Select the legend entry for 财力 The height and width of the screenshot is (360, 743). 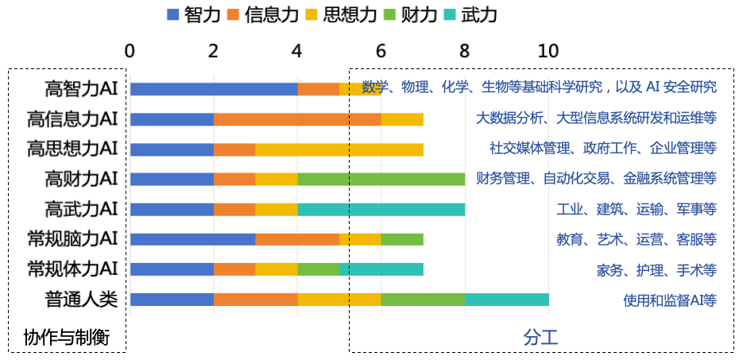[408, 15]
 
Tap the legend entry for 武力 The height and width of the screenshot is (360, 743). [470, 15]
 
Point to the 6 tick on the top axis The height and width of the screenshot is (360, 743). [381, 50]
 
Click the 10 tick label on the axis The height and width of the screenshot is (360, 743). [548, 50]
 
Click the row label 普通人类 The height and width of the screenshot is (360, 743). [82, 300]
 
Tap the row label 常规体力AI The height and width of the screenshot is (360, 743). [72, 269]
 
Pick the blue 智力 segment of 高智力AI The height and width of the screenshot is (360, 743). [214, 88]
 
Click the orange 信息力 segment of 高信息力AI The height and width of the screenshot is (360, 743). [297, 119]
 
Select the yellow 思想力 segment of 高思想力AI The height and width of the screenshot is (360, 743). [339, 149]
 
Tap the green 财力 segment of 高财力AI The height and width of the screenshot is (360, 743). [381, 179]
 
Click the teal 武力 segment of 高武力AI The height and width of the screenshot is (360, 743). [381, 209]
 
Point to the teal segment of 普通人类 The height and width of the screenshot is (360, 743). [506, 300]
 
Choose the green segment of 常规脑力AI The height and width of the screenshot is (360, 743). [402, 239]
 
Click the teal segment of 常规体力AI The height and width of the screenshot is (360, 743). [381, 269]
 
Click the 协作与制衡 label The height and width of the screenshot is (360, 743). [65, 337]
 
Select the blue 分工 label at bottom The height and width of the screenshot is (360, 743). [540, 337]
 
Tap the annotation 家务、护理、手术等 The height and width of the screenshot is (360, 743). [656, 270]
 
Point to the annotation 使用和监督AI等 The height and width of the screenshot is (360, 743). [670, 300]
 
